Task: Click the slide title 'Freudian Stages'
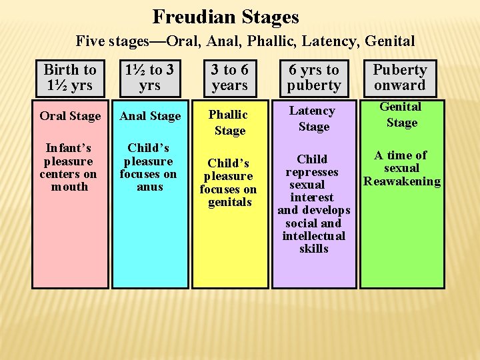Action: (x=225, y=16)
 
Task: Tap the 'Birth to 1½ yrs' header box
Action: (x=70, y=77)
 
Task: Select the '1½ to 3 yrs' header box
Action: (x=150, y=77)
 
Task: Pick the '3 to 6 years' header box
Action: (x=229, y=77)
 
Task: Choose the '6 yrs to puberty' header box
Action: (x=313, y=77)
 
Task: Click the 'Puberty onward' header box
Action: (x=400, y=77)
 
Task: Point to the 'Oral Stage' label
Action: (x=70, y=116)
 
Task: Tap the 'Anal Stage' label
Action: (x=150, y=116)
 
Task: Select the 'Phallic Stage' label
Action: (x=229, y=123)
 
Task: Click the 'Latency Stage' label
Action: (x=313, y=119)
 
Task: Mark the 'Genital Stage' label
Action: (x=401, y=115)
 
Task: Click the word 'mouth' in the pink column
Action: (x=69, y=187)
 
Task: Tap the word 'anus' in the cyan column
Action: (x=149, y=187)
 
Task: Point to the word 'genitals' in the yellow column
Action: (x=229, y=202)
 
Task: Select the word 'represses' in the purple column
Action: (x=312, y=172)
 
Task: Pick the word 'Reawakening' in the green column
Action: (x=401, y=181)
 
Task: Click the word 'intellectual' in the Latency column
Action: (x=313, y=236)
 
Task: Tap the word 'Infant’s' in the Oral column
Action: (x=69, y=148)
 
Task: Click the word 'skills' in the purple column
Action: (x=313, y=249)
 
